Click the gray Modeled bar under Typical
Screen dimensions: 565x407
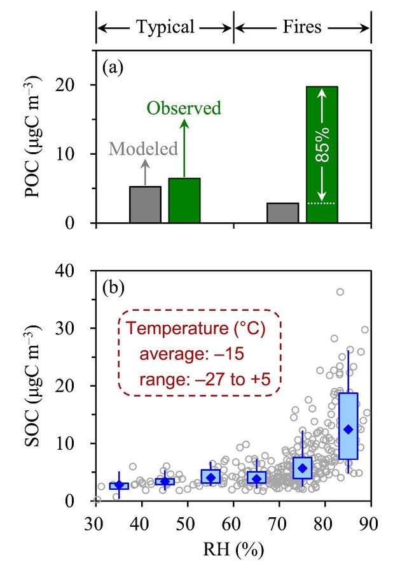tap(145, 204)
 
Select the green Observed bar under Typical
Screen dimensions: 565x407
tap(184, 201)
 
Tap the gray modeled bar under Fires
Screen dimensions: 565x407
tap(283, 213)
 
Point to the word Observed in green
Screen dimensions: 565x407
tap(184, 108)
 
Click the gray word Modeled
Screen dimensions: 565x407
tap(142, 149)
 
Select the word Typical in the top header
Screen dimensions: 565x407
tap(165, 27)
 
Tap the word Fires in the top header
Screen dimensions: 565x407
tap(303, 27)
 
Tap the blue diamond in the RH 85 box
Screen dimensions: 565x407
tap(348, 429)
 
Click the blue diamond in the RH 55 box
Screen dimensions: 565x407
tap(210, 477)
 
